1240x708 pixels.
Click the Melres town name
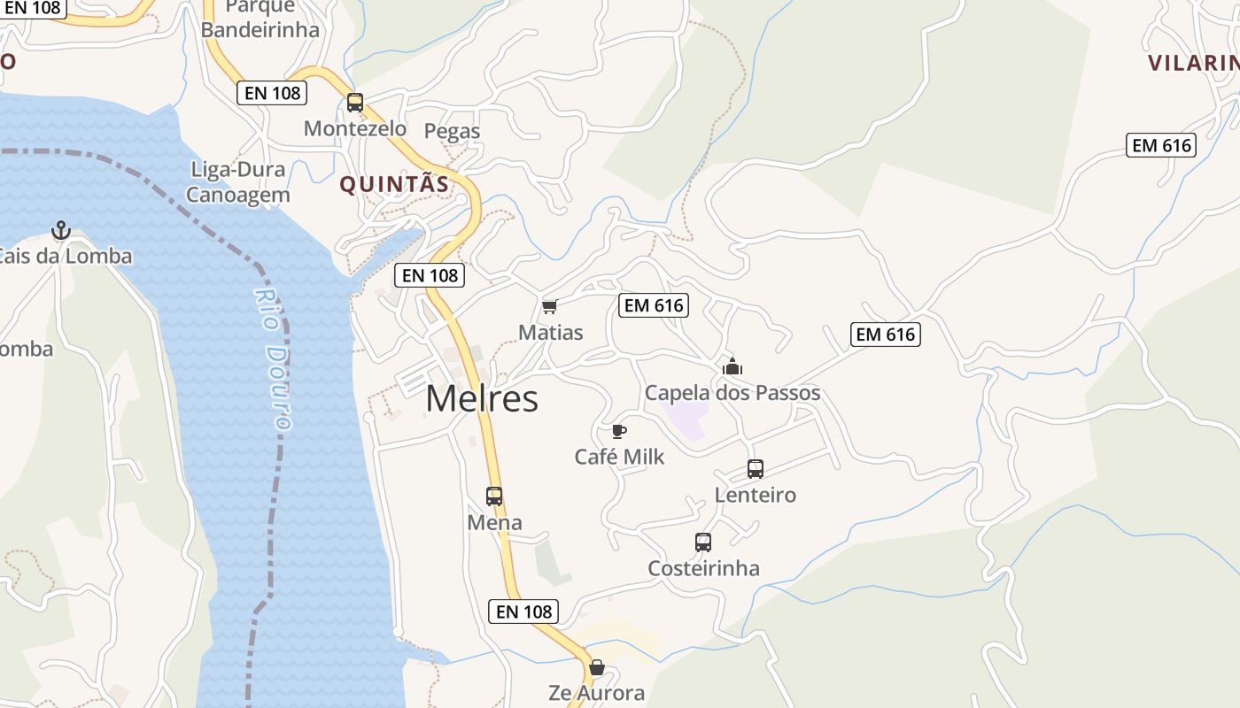point(482,399)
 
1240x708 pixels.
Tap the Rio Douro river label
point(273,358)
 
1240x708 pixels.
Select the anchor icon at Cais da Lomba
point(60,231)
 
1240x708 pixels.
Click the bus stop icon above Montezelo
point(355,103)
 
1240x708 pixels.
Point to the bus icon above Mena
point(494,496)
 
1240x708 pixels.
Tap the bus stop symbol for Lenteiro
point(756,469)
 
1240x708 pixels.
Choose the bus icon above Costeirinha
point(703,543)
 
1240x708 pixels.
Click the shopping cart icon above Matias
point(549,307)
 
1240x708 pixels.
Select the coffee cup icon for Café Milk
point(619,432)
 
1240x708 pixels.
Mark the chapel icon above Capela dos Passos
point(732,366)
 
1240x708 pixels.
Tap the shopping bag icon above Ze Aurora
point(597,667)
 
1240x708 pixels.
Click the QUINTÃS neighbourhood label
point(395,184)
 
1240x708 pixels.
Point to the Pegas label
point(452,131)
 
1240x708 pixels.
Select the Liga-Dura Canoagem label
point(237,182)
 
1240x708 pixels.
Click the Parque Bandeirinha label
point(260,19)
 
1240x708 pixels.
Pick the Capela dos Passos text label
point(732,393)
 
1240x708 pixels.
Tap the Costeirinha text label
point(703,568)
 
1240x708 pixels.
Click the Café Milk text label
point(619,457)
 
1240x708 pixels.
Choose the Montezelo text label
point(355,128)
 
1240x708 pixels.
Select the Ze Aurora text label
point(597,693)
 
